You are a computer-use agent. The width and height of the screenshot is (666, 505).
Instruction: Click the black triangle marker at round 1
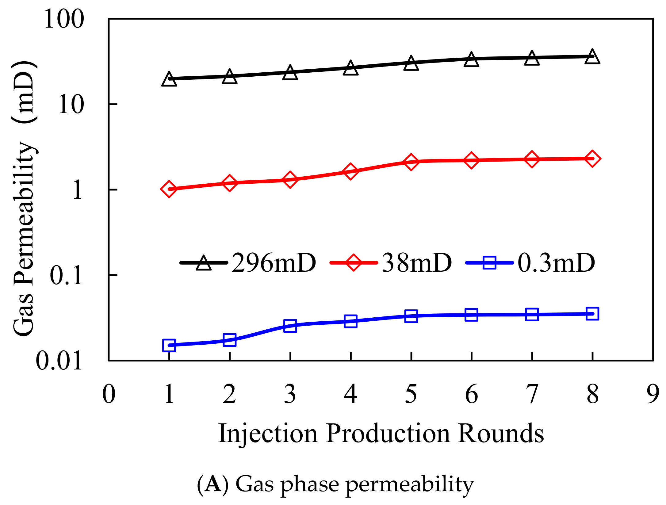click(169, 79)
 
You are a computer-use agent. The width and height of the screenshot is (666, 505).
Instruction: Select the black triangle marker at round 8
click(592, 57)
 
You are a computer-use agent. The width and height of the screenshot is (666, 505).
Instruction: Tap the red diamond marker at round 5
click(411, 162)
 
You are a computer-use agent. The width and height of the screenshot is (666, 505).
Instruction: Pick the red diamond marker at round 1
click(169, 189)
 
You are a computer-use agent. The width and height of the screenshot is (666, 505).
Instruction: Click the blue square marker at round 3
click(290, 325)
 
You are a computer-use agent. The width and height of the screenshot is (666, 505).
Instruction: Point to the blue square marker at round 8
click(592, 314)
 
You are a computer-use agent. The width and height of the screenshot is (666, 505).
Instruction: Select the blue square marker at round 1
click(169, 345)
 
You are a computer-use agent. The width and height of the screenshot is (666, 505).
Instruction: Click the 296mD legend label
click(274, 263)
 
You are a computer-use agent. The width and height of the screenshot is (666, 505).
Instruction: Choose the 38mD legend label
click(417, 263)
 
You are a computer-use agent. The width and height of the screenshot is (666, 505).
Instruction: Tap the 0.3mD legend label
click(556, 263)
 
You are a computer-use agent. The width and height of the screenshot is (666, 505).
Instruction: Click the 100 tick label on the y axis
click(64, 19)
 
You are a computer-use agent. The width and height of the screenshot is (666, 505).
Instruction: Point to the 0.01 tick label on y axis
click(59, 361)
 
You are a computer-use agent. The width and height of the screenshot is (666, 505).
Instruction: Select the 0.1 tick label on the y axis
click(66, 275)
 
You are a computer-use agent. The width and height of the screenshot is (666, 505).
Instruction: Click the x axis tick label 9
click(653, 394)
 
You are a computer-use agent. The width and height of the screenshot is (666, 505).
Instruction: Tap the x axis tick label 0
click(109, 394)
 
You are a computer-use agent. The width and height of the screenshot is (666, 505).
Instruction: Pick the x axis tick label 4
click(350, 394)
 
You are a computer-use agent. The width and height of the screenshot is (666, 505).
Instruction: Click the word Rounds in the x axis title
click(500, 434)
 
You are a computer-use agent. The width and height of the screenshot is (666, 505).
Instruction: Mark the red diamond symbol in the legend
click(353, 262)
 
